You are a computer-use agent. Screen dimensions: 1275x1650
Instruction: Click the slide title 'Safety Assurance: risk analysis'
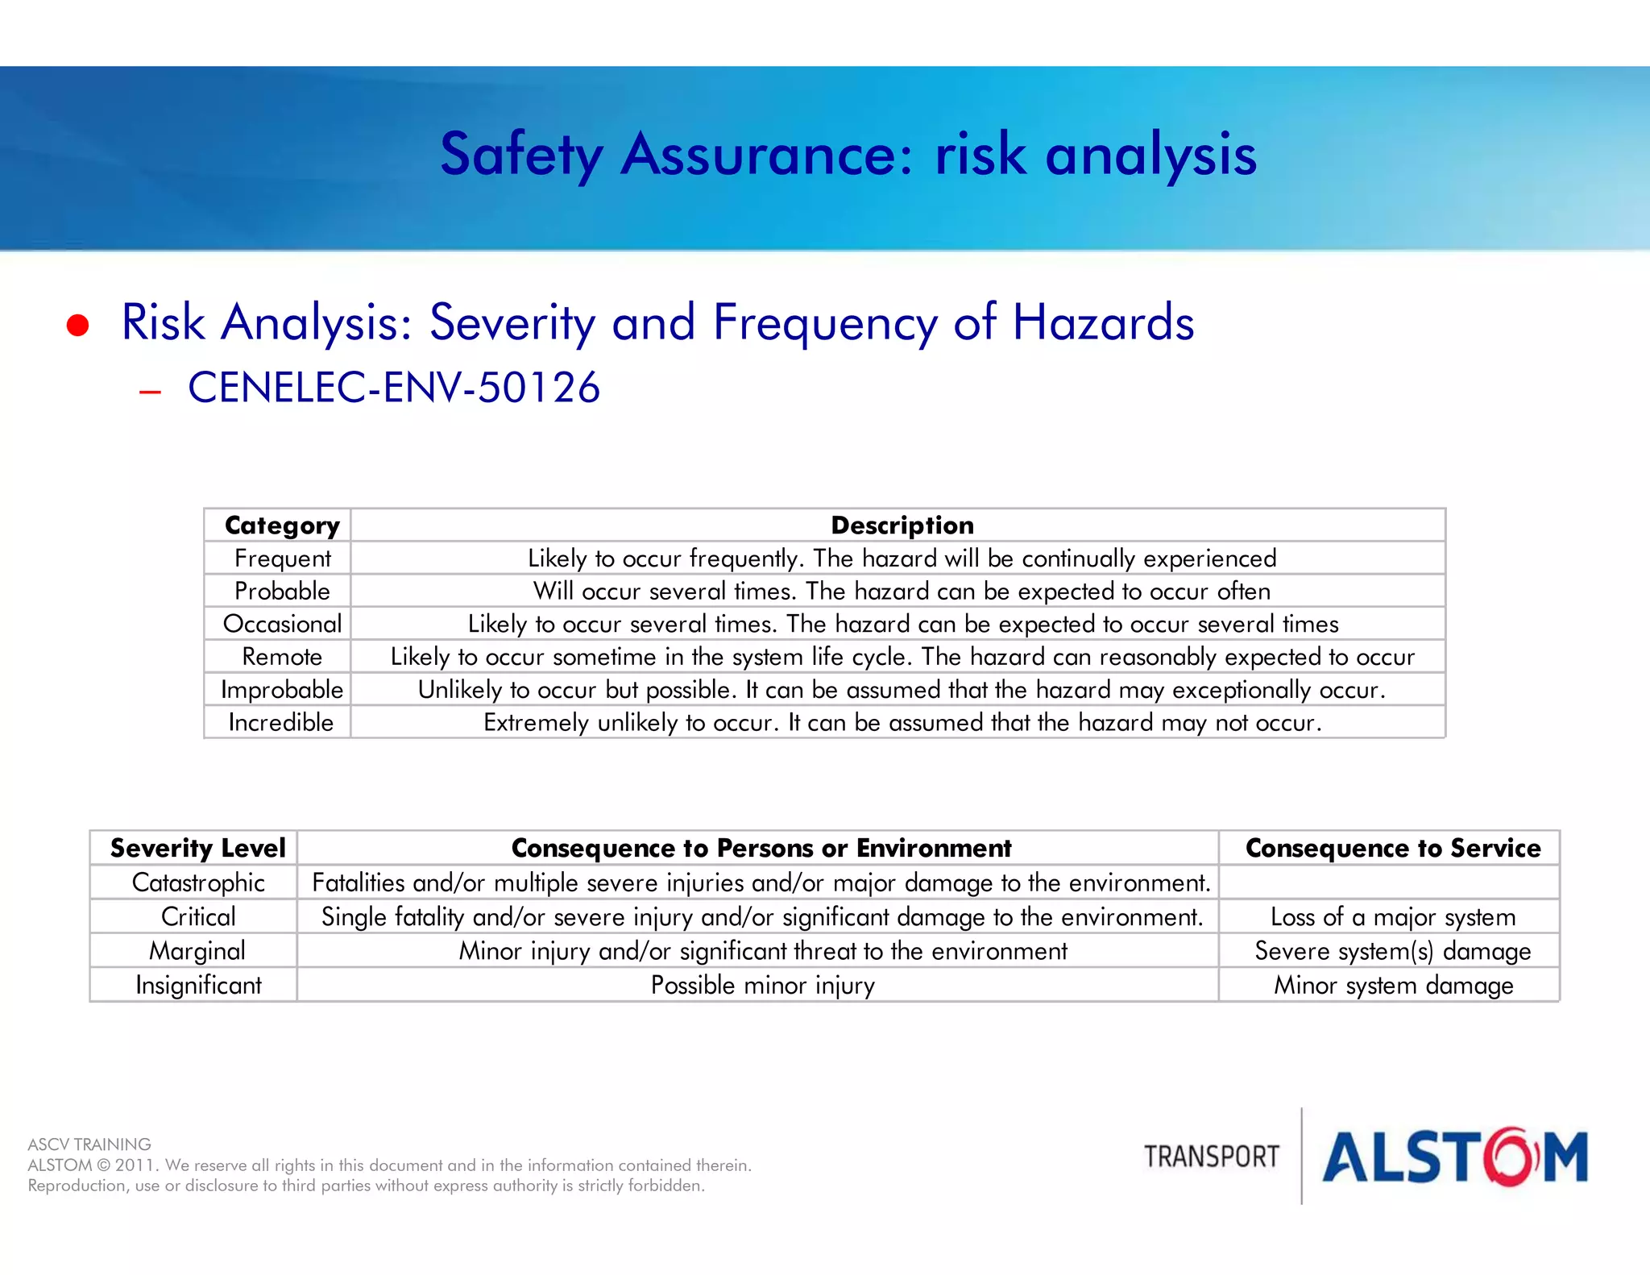(848, 154)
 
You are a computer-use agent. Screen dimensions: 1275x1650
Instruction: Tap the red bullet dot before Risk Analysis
(77, 325)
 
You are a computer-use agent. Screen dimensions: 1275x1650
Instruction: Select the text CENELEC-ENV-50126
(394, 388)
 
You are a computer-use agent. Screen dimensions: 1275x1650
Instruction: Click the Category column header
(282, 525)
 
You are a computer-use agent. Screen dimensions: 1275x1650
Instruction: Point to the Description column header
(902, 525)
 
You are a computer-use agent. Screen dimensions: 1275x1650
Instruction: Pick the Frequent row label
(282, 559)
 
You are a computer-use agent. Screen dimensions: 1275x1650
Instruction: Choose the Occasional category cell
(282, 624)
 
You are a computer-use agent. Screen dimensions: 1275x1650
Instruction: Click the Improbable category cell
(282, 690)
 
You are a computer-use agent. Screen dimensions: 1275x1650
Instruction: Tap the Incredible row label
(280, 722)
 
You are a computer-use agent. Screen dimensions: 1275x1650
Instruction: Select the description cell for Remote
(902, 657)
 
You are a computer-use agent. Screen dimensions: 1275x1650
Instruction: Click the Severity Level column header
(197, 848)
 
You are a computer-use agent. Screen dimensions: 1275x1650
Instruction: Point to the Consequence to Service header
(1392, 848)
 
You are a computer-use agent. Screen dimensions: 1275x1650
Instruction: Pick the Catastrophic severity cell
(198, 883)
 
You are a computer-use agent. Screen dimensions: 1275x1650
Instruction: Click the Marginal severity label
(197, 951)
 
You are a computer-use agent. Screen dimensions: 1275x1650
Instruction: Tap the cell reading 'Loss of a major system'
(1392, 917)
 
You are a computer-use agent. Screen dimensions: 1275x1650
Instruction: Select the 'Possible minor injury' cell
(762, 985)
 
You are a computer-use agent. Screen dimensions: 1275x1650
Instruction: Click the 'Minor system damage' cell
(1393, 985)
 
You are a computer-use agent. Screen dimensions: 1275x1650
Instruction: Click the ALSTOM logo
(1454, 1157)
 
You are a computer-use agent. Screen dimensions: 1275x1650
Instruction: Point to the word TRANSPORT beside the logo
(1211, 1157)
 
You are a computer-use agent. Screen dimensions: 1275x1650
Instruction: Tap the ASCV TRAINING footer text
(89, 1144)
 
